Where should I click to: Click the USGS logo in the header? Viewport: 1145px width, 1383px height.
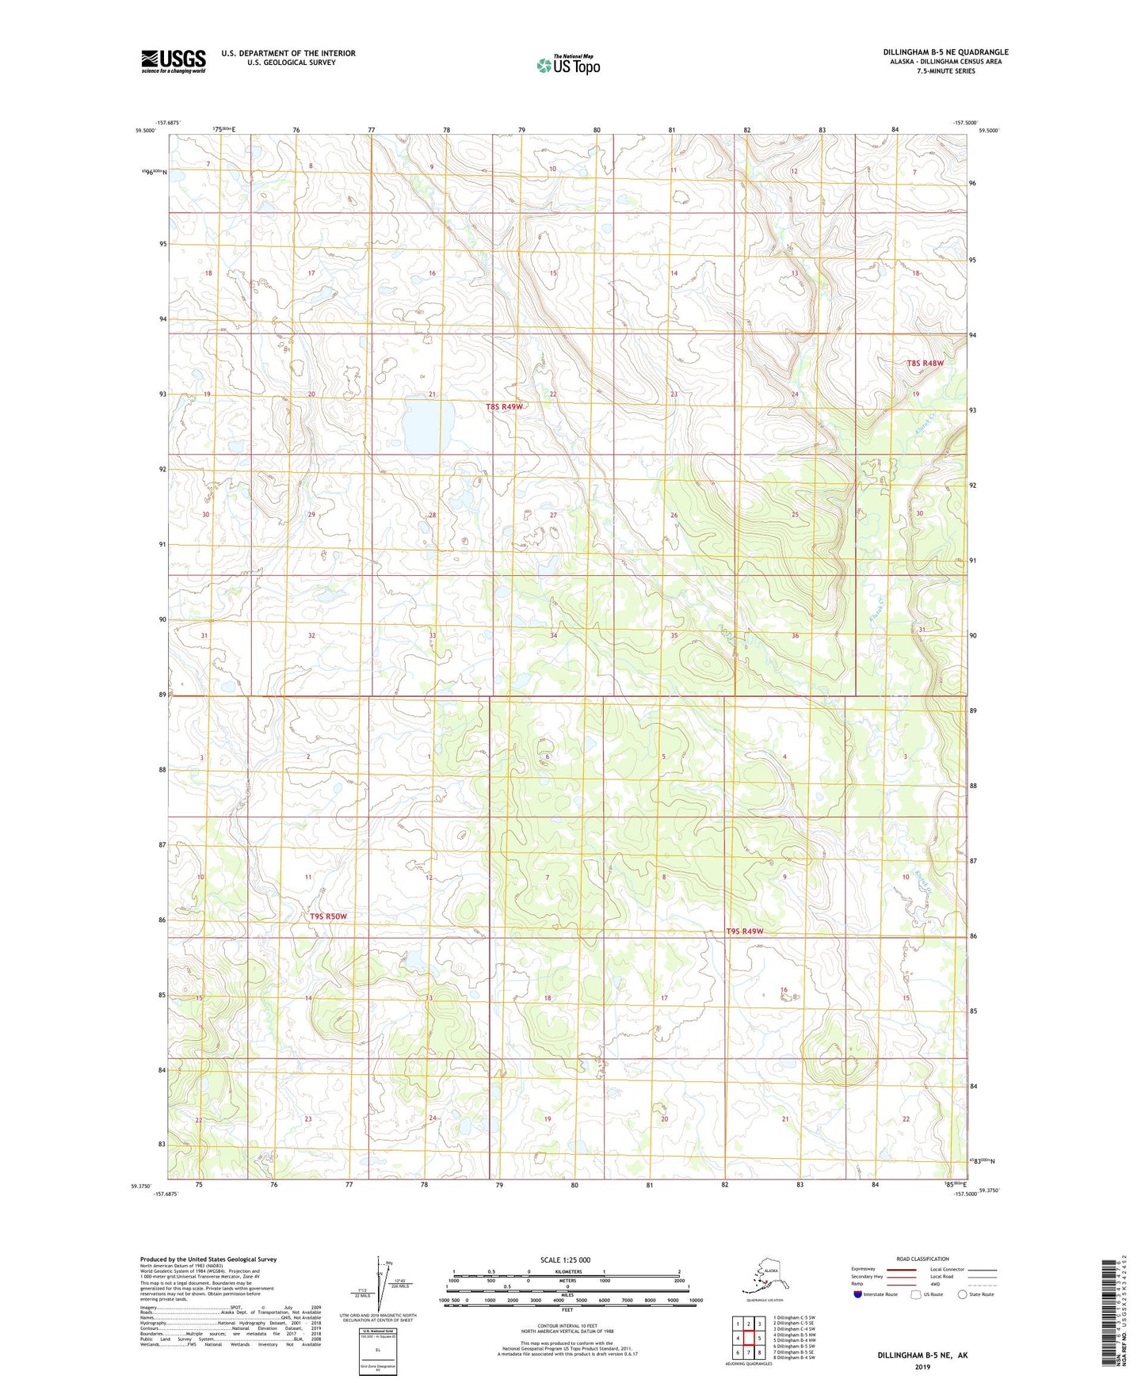click(x=173, y=61)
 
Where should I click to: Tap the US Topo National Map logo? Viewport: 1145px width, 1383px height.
click(x=567, y=64)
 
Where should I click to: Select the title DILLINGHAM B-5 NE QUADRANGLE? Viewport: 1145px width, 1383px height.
click(x=945, y=52)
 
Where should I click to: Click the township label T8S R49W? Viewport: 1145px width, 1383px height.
click(x=505, y=406)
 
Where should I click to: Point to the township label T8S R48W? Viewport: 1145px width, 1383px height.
click(x=925, y=364)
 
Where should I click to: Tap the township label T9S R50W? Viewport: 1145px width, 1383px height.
click(x=328, y=916)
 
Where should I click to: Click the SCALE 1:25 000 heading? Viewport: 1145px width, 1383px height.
click(x=566, y=1259)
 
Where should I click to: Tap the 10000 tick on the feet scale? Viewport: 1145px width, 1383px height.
click(x=695, y=1301)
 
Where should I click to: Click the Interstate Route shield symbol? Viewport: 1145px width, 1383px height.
click(x=857, y=1294)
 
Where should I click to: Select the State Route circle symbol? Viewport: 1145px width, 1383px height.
click(x=962, y=1294)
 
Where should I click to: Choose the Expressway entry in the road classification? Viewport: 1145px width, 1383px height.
click(x=864, y=1269)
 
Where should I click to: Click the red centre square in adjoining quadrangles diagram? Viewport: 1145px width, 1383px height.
click(x=748, y=1338)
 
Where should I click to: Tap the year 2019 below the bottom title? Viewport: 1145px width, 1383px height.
click(x=922, y=1366)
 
